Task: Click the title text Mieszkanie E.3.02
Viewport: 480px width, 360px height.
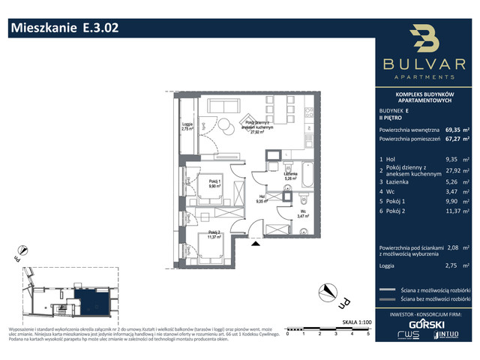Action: pos(64,28)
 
